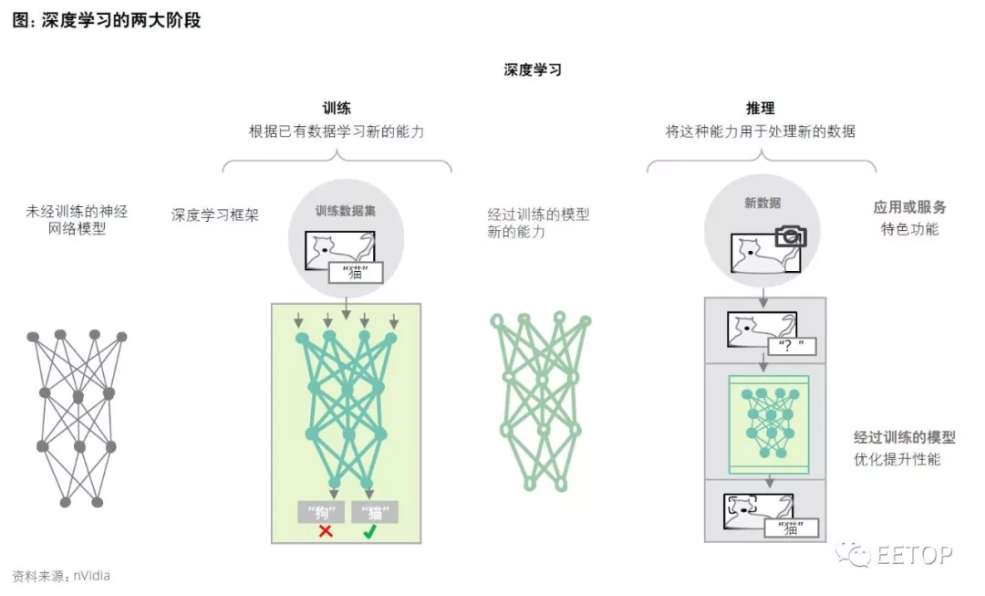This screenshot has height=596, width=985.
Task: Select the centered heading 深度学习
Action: [x=533, y=69]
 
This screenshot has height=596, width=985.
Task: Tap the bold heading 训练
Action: [x=337, y=109]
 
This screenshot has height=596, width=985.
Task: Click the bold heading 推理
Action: [x=761, y=109]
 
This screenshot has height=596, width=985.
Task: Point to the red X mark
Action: [x=325, y=530]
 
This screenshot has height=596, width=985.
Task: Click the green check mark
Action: [x=369, y=530]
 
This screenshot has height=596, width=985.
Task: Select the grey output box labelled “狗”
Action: [x=321, y=512]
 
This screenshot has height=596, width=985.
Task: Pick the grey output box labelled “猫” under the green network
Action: [x=374, y=512]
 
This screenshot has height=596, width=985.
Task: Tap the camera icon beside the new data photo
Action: [x=790, y=237]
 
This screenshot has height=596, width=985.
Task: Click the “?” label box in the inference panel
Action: [x=791, y=346]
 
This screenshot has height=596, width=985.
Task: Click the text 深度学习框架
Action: [x=215, y=215]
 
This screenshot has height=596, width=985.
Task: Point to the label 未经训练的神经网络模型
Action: [x=78, y=220]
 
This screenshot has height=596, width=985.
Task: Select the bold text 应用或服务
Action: [x=909, y=208]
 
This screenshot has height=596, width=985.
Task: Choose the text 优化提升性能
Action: [x=897, y=459]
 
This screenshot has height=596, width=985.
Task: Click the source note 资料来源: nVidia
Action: [x=61, y=576]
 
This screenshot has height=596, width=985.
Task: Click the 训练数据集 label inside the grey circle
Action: [x=345, y=210]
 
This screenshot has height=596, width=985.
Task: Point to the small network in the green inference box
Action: [x=769, y=423]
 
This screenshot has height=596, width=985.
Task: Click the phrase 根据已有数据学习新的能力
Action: [x=337, y=131]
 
